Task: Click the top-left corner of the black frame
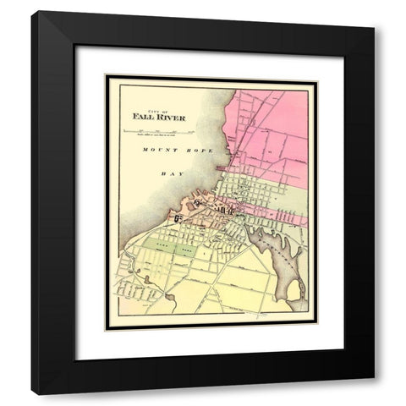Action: click(32, 12)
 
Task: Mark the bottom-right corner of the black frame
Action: click(374, 393)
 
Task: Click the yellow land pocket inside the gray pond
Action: click(294, 292)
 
